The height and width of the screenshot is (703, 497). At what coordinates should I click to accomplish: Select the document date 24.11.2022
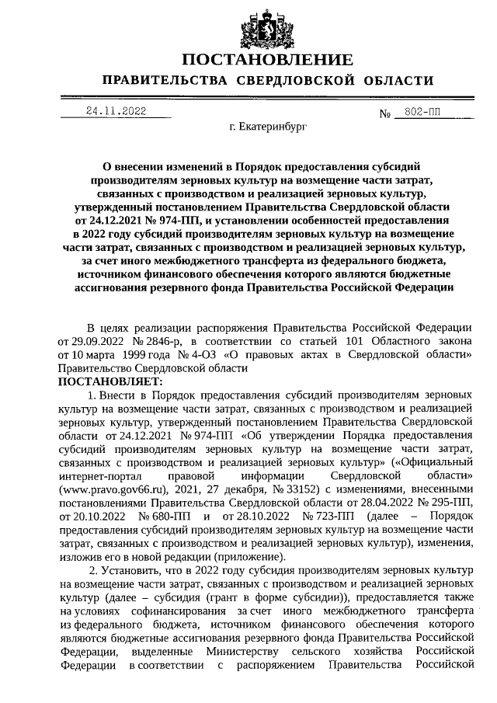click(116, 111)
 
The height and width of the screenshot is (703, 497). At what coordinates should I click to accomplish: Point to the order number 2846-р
click(158, 343)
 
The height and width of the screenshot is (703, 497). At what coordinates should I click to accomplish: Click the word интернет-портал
click(97, 476)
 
